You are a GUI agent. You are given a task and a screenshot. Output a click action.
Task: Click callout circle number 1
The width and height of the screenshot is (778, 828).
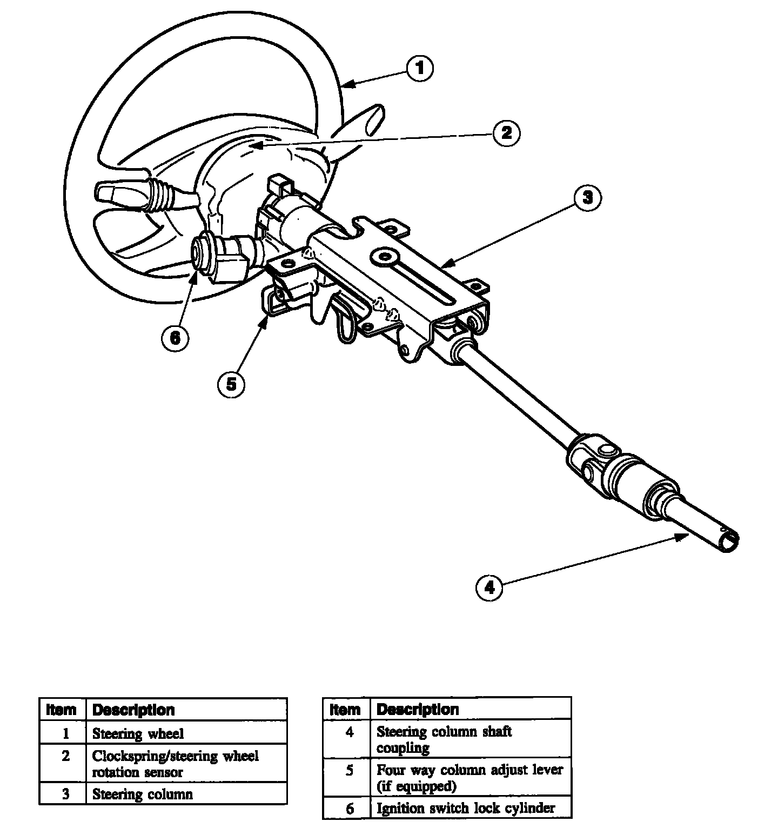(420, 69)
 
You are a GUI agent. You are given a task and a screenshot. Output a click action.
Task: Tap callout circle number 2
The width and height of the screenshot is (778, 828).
(506, 132)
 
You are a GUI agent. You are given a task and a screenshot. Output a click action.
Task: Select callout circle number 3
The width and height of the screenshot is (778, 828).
(587, 197)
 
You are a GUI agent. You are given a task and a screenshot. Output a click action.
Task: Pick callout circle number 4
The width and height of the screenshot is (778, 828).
(489, 587)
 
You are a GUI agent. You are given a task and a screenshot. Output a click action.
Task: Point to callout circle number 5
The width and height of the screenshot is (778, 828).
(231, 384)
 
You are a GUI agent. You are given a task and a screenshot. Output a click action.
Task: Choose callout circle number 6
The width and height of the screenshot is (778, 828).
(175, 338)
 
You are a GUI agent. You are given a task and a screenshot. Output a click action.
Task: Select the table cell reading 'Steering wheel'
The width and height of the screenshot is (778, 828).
(138, 733)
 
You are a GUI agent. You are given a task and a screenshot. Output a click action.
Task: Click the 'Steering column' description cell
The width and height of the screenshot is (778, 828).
(143, 794)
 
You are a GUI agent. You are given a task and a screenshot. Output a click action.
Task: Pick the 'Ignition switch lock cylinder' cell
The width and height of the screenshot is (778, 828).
(466, 808)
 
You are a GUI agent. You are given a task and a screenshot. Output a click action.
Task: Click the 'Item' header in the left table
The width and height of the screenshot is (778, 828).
(62, 709)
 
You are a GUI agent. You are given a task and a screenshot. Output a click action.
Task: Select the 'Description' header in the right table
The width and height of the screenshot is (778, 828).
(418, 709)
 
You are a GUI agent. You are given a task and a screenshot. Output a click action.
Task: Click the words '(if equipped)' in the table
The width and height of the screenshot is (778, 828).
(417, 786)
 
